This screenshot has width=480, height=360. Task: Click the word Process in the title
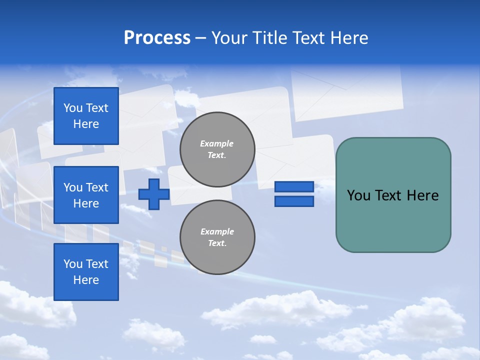click(157, 38)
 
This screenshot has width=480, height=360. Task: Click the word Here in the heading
click(349, 38)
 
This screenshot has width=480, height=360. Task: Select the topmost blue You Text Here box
click(86, 116)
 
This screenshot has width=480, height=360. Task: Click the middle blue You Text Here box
click(86, 195)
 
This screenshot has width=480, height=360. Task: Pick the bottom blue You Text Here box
click(86, 272)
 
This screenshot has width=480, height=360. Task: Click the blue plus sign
click(154, 194)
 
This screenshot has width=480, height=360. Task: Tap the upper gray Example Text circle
click(217, 149)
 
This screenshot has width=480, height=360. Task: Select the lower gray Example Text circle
click(217, 237)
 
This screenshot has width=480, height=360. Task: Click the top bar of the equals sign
click(294, 187)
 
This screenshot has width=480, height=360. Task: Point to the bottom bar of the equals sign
click(294, 201)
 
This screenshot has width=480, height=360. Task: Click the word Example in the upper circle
click(217, 143)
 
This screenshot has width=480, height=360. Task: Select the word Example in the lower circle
click(217, 231)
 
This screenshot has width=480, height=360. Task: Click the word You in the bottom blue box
click(72, 264)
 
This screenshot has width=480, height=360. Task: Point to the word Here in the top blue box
click(86, 124)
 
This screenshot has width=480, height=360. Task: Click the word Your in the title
click(228, 38)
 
